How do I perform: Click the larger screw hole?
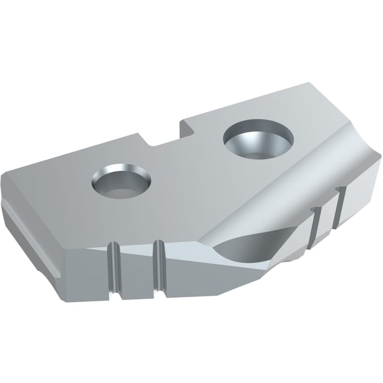point(258,139)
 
